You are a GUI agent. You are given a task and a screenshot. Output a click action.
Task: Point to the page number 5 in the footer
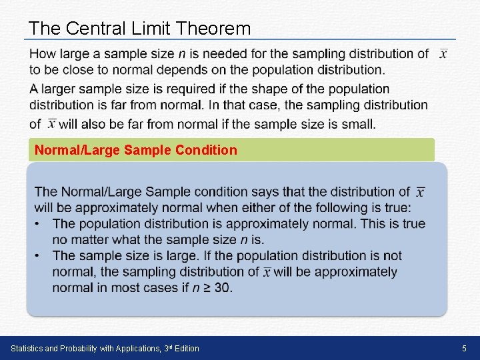click(x=465, y=348)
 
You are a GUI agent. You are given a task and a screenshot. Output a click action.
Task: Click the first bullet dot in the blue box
click(x=39, y=223)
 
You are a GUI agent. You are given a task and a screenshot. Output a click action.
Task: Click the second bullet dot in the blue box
click(x=39, y=255)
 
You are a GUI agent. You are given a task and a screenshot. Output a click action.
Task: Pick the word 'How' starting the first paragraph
click(x=42, y=54)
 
